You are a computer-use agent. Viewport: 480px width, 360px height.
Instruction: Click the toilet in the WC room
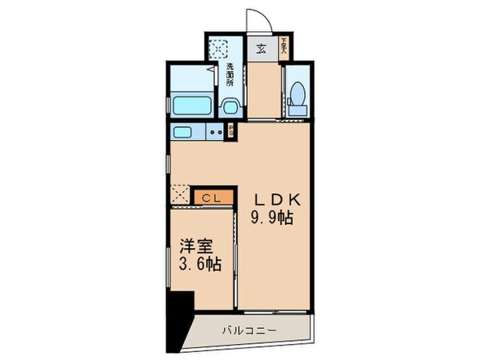(x=298, y=95)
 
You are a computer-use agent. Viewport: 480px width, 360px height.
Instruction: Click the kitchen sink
(x=183, y=133)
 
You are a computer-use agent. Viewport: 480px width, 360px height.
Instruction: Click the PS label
(x=231, y=131)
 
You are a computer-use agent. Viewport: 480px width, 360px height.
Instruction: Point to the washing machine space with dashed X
(x=218, y=50)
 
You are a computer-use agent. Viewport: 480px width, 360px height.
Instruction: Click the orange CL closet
(x=212, y=196)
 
